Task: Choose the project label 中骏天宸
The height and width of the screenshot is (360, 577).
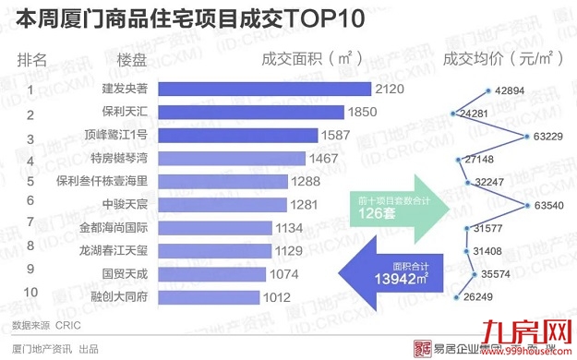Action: (125, 205)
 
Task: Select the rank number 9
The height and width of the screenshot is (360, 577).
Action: (30, 270)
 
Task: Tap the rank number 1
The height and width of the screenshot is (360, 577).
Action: (30, 90)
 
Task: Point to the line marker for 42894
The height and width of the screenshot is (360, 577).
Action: (487, 90)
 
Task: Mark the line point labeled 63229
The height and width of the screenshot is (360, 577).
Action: (525, 137)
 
